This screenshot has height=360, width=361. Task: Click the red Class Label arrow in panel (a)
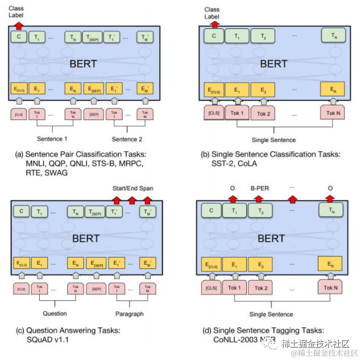coord(18,26)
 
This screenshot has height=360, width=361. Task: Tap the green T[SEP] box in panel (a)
coord(92,38)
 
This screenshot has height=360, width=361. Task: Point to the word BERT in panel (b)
coord(273,64)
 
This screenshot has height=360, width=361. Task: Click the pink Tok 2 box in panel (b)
coord(263,113)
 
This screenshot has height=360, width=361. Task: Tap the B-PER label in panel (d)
coord(259,187)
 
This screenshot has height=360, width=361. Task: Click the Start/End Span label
coord(133,188)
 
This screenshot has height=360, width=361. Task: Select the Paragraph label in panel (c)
coord(130,313)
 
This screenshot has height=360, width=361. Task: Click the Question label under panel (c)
coord(55,313)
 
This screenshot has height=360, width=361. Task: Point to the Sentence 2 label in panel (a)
coord(126,138)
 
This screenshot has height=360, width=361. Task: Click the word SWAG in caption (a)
coord(60,173)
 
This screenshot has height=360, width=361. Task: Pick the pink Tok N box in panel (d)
coord(333,287)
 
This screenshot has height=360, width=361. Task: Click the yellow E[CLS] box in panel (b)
coord(214,90)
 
